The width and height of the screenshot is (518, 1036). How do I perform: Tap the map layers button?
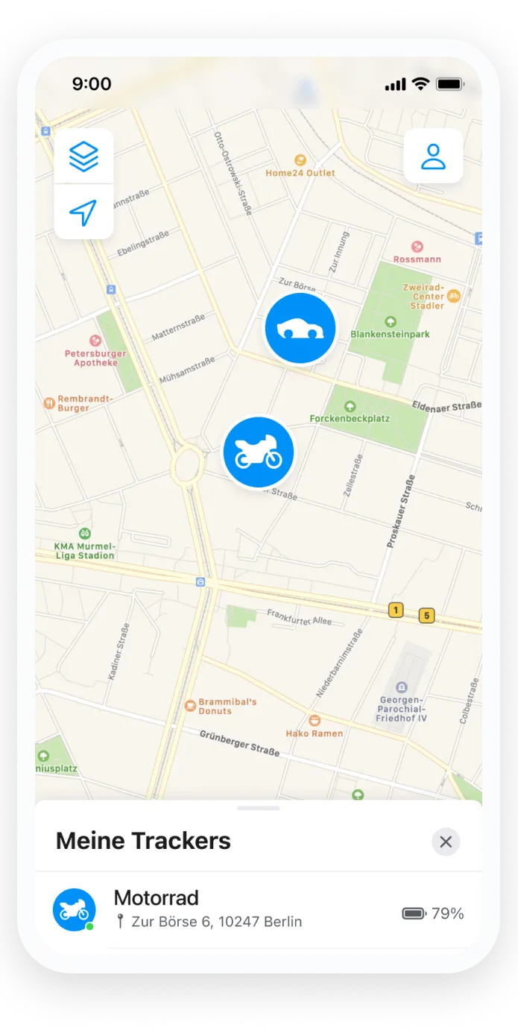(x=83, y=157)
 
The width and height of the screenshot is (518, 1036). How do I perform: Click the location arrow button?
(x=83, y=212)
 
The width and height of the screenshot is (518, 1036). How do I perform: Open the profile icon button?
(x=433, y=157)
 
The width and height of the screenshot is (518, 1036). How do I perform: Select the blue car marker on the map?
(x=300, y=328)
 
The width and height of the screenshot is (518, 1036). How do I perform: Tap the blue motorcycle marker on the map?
(x=259, y=452)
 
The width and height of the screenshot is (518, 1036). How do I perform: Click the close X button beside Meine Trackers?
(x=446, y=841)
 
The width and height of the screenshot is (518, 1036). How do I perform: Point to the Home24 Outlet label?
(x=300, y=172)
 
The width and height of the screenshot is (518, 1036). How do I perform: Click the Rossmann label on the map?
(x=417, y=259)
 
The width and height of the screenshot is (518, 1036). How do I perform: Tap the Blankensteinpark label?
(x=390, y=334)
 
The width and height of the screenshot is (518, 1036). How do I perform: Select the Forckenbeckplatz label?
(x=350, y=418)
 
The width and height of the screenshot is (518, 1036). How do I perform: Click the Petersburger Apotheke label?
(x=95, y=358)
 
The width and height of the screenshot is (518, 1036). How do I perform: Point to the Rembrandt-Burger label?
(x=84, y=403)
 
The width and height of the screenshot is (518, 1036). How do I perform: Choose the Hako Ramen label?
(x=315, y=733)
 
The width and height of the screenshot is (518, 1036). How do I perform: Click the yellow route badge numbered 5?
(x=426, y=615)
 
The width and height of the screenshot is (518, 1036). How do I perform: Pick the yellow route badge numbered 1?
(x=396, y=610)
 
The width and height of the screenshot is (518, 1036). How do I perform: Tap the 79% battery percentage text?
(x=447, y=913)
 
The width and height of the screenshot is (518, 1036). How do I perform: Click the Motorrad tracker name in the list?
(x=156, y=897)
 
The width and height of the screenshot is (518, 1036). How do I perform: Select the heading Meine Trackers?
(x=143, y=841)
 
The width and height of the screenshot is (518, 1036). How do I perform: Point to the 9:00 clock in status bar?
(x=92, y=84)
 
